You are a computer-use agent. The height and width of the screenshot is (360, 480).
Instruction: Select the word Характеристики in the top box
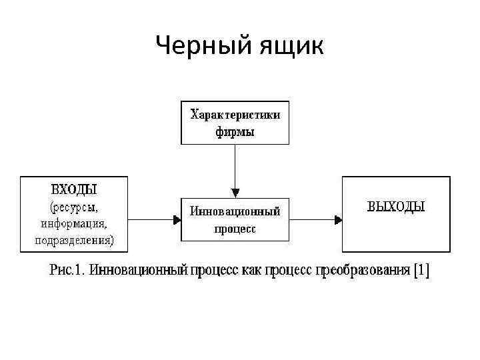tap(235, 115)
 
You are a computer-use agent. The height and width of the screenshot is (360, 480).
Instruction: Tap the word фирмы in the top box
tap(235, 131)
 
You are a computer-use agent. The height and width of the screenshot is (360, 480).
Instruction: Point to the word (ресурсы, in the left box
tap(74, 207)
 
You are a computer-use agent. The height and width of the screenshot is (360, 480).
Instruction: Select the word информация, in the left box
tap(74, 223)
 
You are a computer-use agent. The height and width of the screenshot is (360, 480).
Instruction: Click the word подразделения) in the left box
tap(74, 239)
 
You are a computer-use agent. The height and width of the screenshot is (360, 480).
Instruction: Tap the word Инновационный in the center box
tap(235, 211)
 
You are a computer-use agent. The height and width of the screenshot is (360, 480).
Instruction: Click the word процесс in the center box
tap(235, 229)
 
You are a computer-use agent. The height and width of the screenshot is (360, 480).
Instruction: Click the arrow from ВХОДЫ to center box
tap(153, 219)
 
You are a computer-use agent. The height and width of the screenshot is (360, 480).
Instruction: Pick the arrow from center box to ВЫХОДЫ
tap(315, 219)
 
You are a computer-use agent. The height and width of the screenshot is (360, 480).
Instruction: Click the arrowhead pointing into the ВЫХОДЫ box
tap(338, 219)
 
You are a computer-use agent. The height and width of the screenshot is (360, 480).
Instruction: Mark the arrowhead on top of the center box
tap(235, 193)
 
